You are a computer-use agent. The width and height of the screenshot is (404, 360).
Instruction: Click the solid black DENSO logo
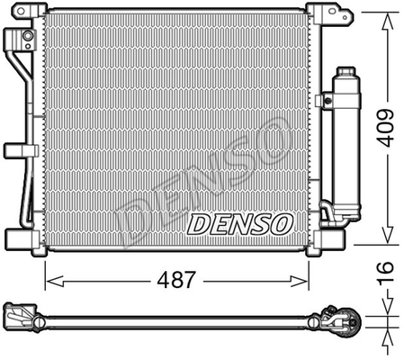tap(238, 221)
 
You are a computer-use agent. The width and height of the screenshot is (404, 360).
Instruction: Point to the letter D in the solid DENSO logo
tap(200, 222)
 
